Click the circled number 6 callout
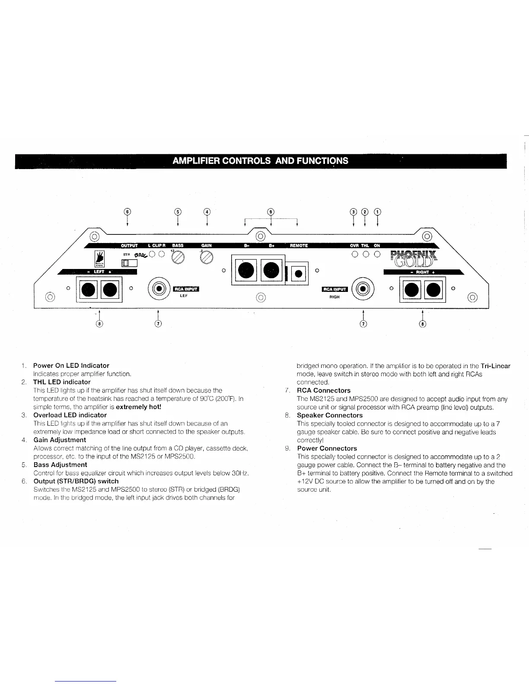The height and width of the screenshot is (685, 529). (x=127, y=211)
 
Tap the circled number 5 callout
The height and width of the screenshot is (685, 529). (x=177, y=211)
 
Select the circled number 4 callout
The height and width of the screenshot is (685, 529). (x=207, y=211)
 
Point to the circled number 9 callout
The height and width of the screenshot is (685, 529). (x=271, y=211)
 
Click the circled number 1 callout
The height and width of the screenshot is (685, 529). (x=378, y=211)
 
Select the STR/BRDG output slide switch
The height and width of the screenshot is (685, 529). (x=129, y=262)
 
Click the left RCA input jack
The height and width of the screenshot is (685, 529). (x=159, y=289)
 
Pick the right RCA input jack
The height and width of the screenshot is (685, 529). (x=363, y=289)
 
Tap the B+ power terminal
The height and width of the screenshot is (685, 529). (x=271, y=271)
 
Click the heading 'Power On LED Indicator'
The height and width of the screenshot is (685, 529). (x=71, y=365)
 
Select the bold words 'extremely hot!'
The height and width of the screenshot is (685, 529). (x=138, y=407)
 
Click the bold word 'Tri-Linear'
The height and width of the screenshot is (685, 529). (x=495, y=366)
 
